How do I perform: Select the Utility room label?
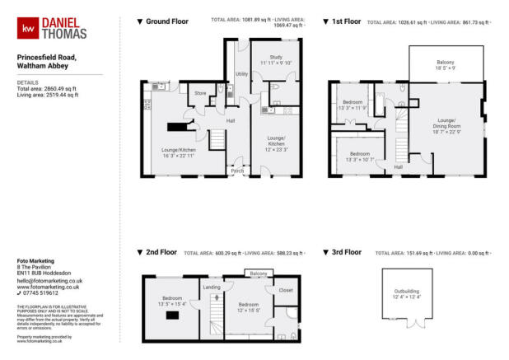point(241,74)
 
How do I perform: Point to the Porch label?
point(237,171)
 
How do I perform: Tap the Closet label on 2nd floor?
point(286,290)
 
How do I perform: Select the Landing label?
point(210,286)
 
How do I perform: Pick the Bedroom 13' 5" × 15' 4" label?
point(172,302)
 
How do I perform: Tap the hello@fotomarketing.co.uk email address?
point(49,280)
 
